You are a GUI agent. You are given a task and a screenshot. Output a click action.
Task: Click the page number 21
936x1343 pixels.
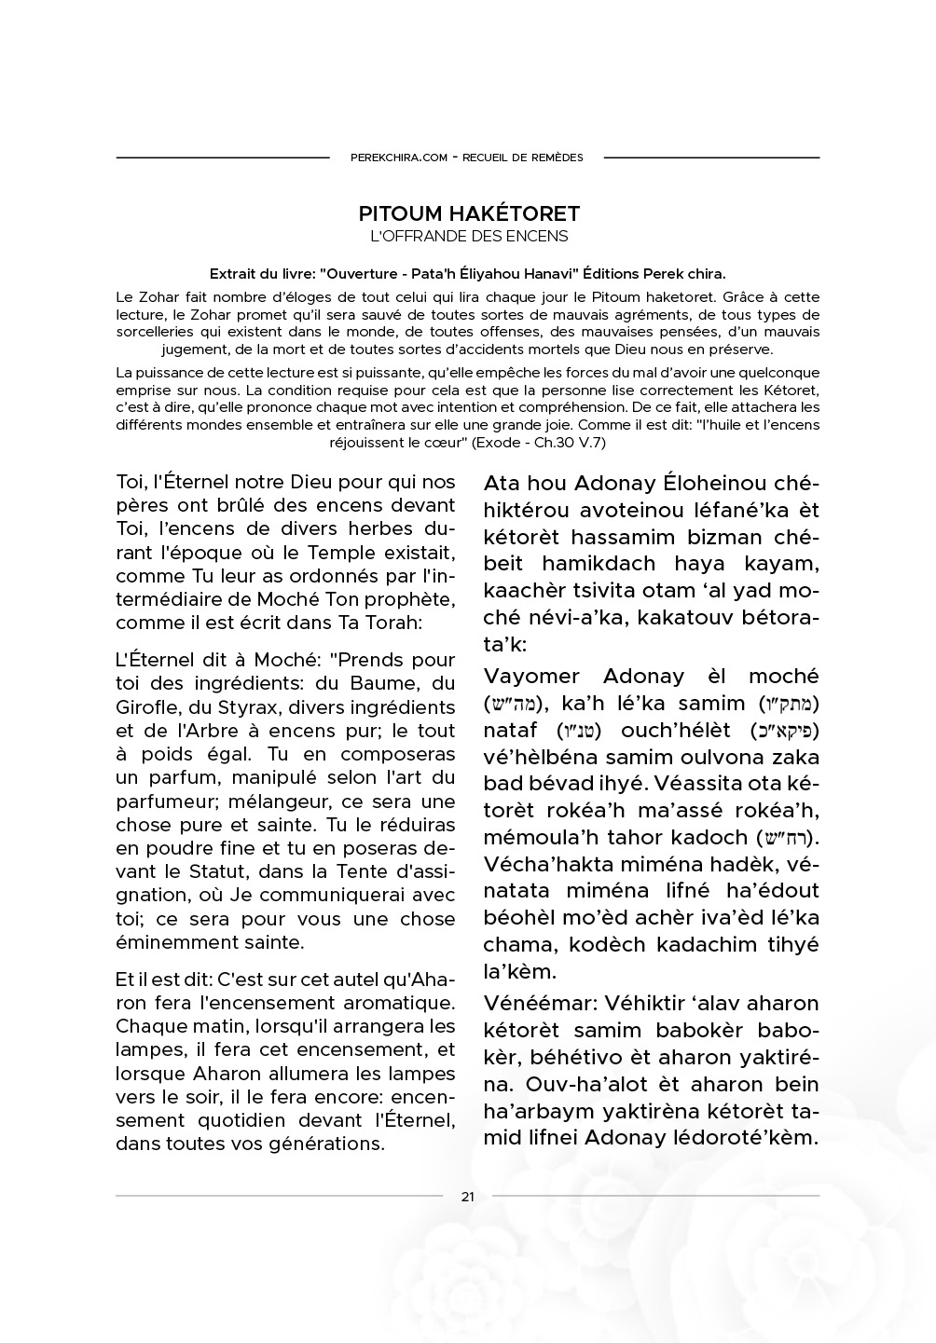pyautogui.click(x=468, y=1197)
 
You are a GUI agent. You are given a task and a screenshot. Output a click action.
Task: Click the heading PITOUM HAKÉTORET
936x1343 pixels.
pyautogui.click(x=469, y=214)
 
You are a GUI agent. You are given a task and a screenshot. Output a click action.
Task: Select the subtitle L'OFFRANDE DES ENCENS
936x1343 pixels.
pyautogui.click(x=469, y=237)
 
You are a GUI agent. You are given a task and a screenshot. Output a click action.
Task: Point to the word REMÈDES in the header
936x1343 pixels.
pyautogui.click(x=557, y=158)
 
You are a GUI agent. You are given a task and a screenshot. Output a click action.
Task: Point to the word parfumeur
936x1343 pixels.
pyautogui.click(x=166, y=802)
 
